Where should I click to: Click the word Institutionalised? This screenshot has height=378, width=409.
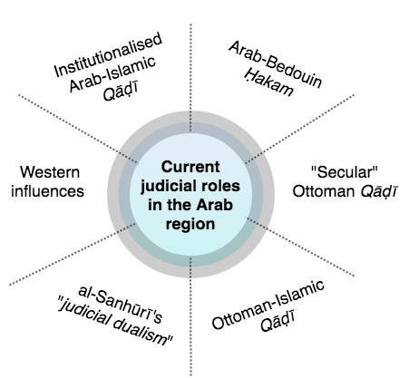coord(108,54)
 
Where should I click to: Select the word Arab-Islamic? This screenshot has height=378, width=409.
coord(112,73)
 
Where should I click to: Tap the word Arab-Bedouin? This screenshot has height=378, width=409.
coord(275,64)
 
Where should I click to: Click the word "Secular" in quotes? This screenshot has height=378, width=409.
coord(345,172)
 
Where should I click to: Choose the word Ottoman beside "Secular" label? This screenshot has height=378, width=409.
coord(323,191)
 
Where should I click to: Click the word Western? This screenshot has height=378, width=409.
coord(50,172)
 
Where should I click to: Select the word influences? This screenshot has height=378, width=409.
coord(47,191)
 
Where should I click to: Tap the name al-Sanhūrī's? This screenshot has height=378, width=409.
coord(121,304)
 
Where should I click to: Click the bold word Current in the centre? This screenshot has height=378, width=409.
coord(190,167)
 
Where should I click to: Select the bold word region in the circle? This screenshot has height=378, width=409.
coord(190,225)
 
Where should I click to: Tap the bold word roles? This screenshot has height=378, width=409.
coord(220,186)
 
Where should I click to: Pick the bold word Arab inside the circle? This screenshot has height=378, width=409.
coord(215,205)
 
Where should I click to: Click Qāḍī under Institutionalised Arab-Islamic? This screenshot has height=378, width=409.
coord(121,92)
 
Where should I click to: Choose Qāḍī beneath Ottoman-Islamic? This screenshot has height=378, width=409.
coord(277,322)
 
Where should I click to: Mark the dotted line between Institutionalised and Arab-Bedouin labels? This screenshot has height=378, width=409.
coord(190,77)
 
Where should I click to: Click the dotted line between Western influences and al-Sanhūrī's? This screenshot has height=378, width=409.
coord(73,254)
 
